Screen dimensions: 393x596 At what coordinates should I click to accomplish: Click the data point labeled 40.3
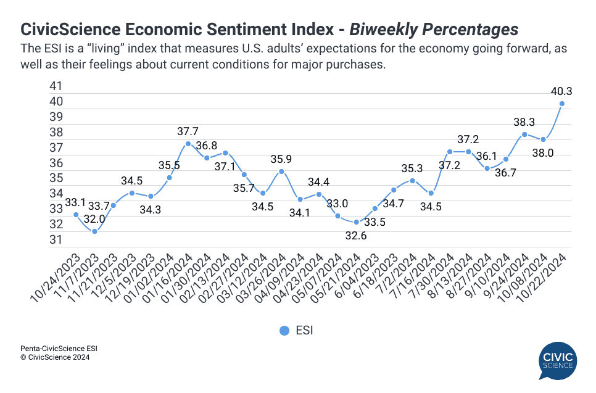tap(562, 104)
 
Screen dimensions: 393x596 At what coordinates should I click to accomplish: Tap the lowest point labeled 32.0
tap(94, 231)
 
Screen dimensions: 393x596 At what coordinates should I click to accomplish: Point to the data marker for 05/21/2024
tap(356, 222)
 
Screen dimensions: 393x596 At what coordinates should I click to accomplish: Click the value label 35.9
tap(281, 159)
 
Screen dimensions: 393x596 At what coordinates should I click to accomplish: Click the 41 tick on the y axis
tap(56, 86)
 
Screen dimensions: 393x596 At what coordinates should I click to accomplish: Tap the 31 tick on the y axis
tap(56, 239)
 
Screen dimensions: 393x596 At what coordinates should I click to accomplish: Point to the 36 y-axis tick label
tap(56, 163)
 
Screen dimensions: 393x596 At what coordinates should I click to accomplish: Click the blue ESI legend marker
tap(284, 331)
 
